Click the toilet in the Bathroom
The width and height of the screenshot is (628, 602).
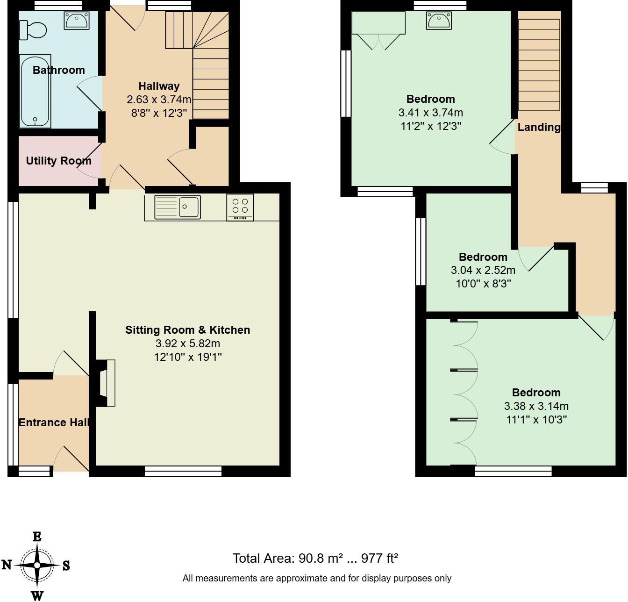coord(34,30)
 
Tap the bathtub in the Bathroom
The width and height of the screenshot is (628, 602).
coord(35,92)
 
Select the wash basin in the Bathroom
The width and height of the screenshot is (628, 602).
coord(74,21)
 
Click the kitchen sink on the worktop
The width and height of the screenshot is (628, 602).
coord(178,207)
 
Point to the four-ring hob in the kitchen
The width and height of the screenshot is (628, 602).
coord(240,207)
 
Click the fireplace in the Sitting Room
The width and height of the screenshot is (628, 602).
coord(107,383)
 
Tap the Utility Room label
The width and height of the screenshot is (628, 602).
coord(58,161)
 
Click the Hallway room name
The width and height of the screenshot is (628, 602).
coord(159,86)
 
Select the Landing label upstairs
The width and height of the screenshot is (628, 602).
coord(539,127)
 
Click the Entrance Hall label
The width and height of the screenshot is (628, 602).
coord(54,423)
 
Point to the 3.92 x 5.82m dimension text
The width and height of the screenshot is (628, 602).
coord(187,344)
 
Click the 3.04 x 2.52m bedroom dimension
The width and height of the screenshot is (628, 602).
coord(483,270)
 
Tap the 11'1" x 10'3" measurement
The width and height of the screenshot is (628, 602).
coord(536,419)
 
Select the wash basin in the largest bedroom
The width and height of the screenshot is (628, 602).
coord(438,21)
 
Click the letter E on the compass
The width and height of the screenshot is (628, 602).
coord(37,537)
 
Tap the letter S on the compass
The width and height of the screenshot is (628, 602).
coord(66,566)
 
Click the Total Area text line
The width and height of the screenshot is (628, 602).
coord(315,558)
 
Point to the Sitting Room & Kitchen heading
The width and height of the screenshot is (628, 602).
coord(187,330)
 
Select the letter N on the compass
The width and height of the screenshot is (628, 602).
coord(7,565)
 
